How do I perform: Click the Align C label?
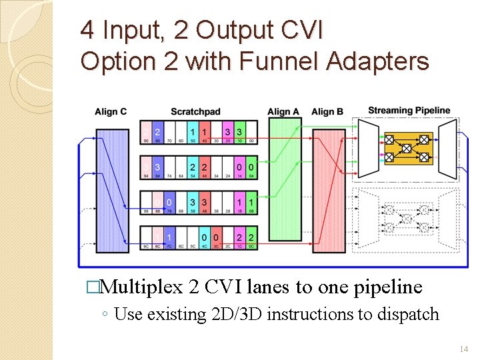111,111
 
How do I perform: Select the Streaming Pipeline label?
409,110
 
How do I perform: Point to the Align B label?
327,111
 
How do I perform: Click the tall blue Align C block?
111,190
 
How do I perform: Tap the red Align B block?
329,191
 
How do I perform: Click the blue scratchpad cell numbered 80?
157,135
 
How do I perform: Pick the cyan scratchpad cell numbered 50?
193,135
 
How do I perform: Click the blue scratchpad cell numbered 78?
169,205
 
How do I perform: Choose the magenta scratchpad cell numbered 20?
228,135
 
